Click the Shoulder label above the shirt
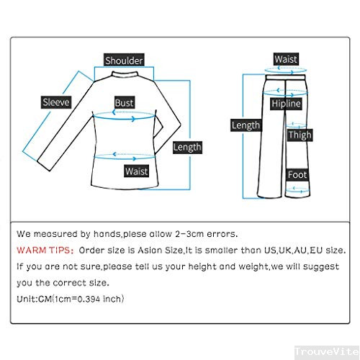click(124, 60)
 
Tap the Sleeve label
click(55, 102)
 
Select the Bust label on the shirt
click(125, 103)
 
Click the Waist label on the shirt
click(136, 171)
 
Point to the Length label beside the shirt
click(187, 147)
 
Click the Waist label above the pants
click(286, 59)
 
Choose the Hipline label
click(285, 104)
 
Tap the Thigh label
click(300, 135)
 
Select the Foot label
click(297, 175)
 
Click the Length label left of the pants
click(246, 125)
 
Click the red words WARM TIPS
click(42, 251)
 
